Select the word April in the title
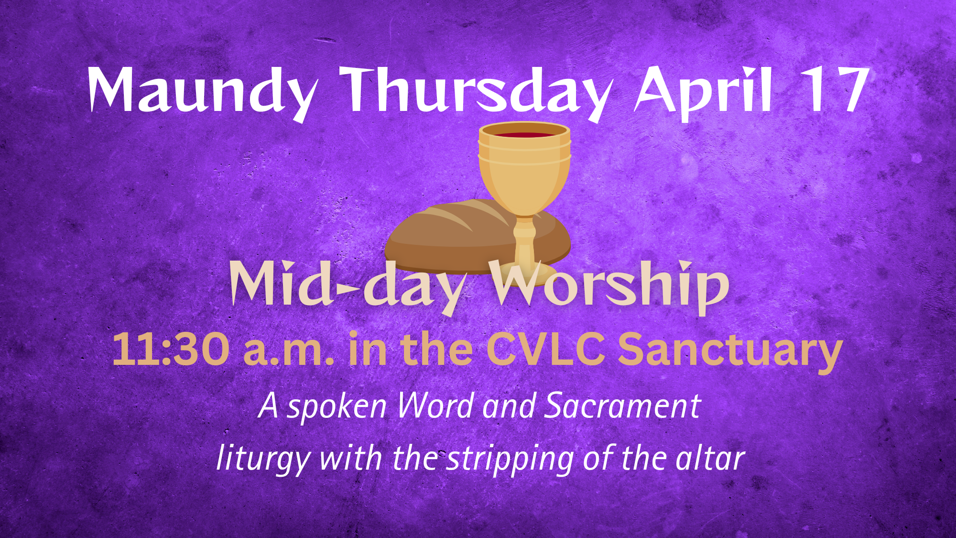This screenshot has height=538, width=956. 703,91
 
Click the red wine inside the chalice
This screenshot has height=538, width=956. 524,134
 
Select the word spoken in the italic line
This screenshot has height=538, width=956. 337,407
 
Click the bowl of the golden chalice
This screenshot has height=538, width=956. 524,167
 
